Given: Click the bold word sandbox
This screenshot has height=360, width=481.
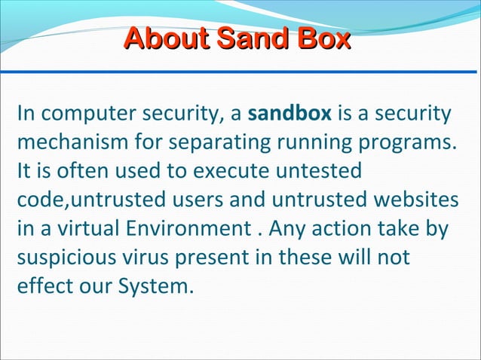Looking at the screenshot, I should (289, 114).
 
